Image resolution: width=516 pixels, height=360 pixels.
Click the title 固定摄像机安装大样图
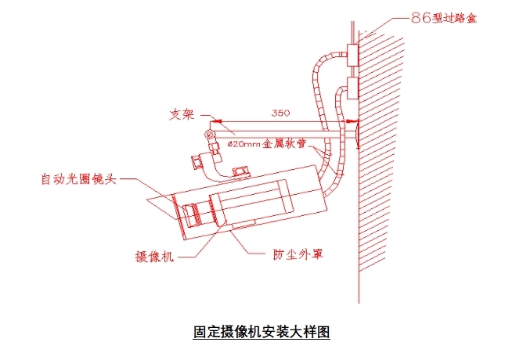click(262, 331)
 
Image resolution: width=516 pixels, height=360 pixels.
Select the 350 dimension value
click(281, 113)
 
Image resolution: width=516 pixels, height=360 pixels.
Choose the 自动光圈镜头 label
click(78, 179)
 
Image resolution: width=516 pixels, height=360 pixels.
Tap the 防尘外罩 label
click(298, 255)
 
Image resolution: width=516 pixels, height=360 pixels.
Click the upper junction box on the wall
click(352, 55)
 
